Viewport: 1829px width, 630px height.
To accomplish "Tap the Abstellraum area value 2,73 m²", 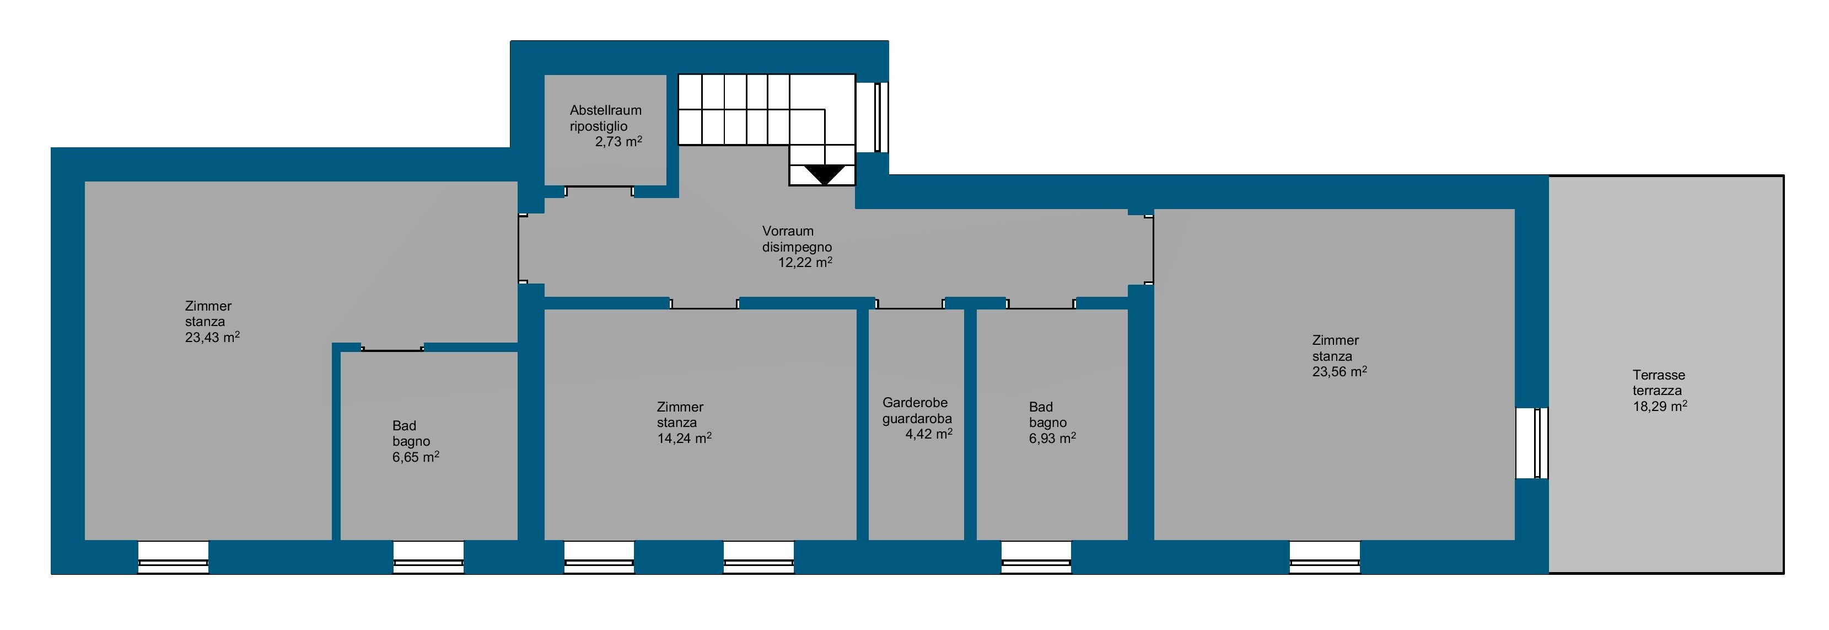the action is click(618, 141).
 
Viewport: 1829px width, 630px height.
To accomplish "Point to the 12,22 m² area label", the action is click(805, 262).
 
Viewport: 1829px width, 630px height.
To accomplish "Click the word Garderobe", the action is click(915, 403).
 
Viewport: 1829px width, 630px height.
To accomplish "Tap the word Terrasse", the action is click(1659, 375).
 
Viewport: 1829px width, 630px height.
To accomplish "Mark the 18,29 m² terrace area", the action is click(1660, 406).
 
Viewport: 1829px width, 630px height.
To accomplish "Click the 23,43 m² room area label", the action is click(212, 338).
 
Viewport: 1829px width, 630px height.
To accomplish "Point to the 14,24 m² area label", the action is click(685, 438).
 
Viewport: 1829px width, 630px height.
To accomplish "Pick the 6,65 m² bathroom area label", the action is click(416, 457).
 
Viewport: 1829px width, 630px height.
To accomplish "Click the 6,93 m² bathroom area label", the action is click(1052, 438).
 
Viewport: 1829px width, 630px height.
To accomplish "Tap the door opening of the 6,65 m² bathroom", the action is click(392, 348).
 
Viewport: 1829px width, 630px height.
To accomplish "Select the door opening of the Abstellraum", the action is click(599, 191).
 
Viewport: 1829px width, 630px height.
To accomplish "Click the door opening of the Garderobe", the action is click(910, 303).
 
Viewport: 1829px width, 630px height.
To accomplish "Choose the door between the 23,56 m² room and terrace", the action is click(1531, 443).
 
